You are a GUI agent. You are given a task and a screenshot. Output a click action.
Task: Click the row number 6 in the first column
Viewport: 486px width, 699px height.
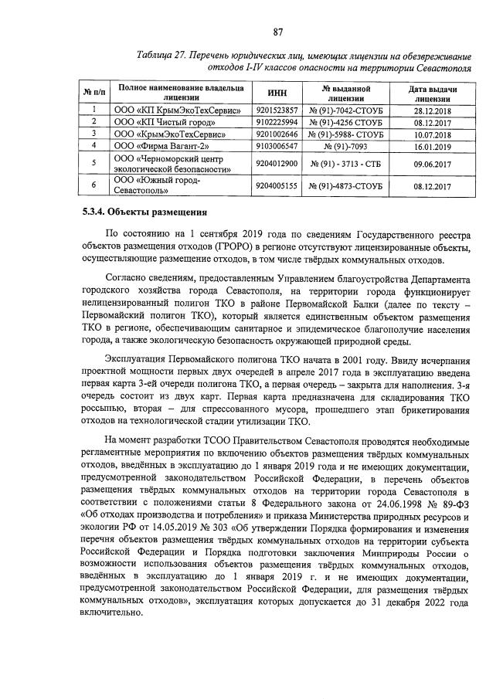tap(93, 185)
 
